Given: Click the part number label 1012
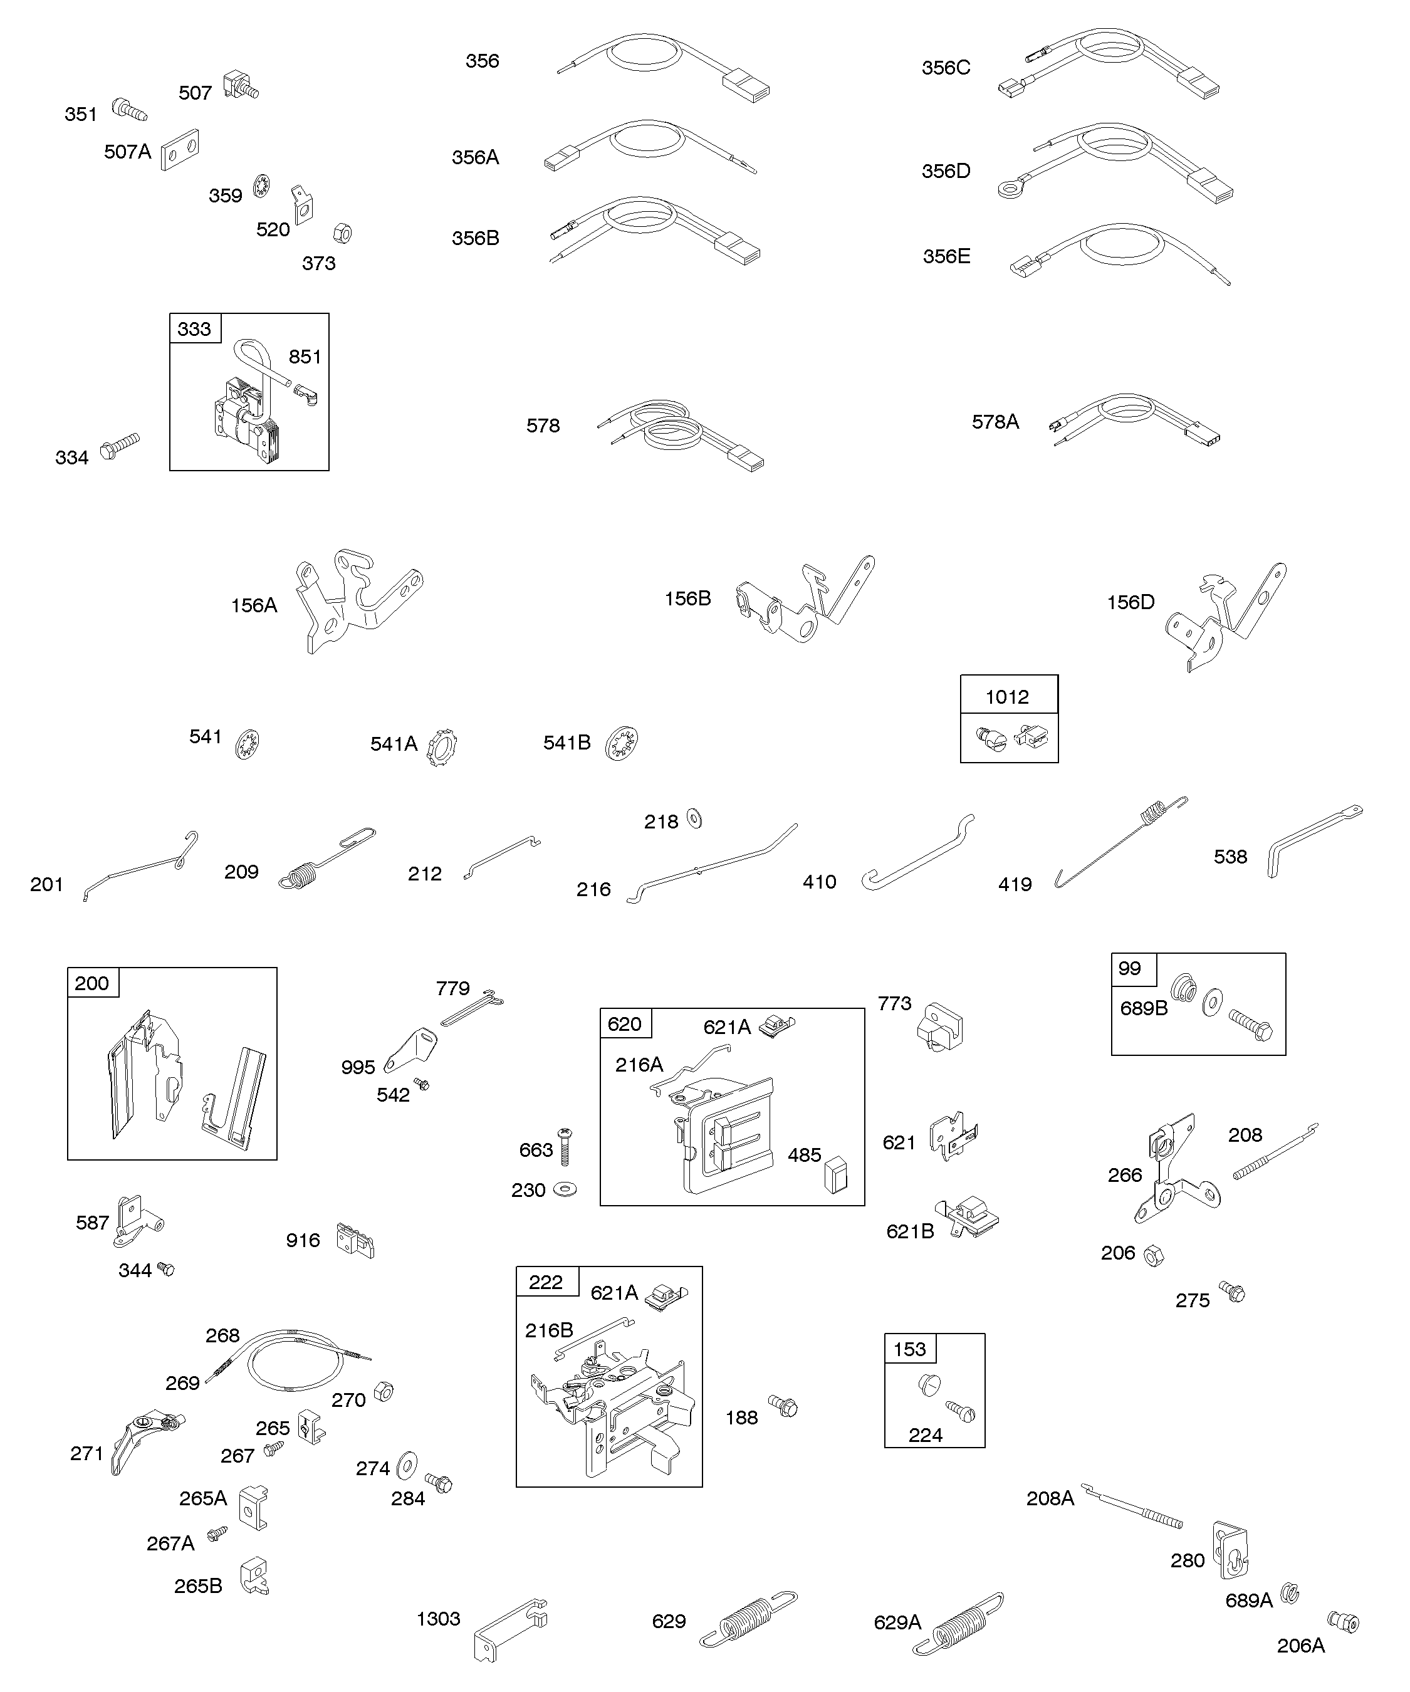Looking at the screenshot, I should tap(1007, 697).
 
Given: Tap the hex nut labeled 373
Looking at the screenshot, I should tap(342, 234).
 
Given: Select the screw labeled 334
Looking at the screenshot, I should tap(120, 446).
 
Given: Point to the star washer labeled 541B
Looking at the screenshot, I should tap(621, 742).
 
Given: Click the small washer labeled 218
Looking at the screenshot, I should tap(694, 820).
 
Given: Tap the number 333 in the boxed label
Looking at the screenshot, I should tap(194, 329).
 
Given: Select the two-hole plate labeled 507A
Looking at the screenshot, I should tap(180, 150).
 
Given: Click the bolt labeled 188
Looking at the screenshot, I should tap(783, 1407).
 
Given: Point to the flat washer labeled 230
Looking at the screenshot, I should tap(567, 1190).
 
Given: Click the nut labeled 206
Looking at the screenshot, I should tap(1154, 1255).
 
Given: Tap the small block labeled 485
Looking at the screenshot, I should tap(835, 1174).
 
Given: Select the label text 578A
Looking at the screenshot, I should tap(995, 421).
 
